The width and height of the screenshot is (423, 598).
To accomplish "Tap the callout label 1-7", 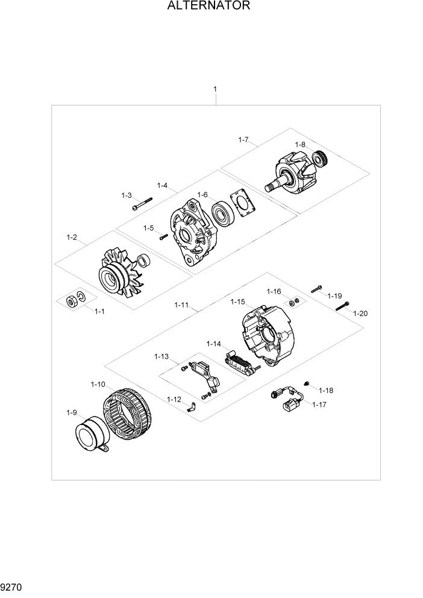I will click(x=243, y=140).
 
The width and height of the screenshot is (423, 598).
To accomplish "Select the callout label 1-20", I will click(x=360, y=313).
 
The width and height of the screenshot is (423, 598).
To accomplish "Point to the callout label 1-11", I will click(x=181, y=306).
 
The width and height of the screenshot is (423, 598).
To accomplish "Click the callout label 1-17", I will click(x=319, y=404).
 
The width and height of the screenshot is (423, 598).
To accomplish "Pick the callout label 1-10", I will click(x=98, y=384).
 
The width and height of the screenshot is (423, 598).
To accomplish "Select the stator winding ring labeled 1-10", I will click(x=127, y=415).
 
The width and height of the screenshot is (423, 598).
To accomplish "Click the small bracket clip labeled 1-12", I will click(x=189, y=408).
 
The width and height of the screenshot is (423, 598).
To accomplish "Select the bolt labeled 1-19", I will click(x=317, y=288).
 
